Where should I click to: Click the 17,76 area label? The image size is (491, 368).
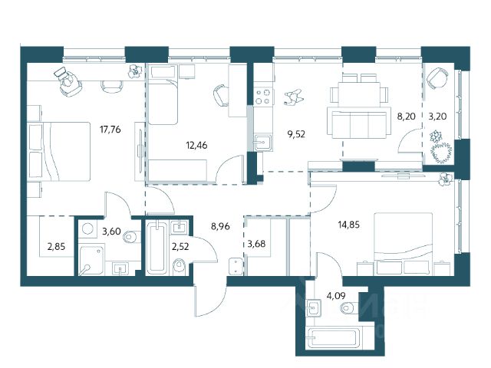[110, 130]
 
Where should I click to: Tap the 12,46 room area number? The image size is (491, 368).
[196, 145]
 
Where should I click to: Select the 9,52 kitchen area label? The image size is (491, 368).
[296, 135]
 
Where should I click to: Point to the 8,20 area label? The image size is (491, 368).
[406, 117]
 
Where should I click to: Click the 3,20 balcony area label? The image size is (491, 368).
[437, 117]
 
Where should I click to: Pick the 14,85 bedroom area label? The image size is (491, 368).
[349, 225]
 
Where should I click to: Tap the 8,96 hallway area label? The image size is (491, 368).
[220, 226]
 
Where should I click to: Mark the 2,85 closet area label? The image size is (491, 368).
[56, 247]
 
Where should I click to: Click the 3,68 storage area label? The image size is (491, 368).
[256, 244]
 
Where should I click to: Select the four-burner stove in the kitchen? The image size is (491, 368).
[262, 97]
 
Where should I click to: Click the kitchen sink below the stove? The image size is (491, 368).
[263, 143]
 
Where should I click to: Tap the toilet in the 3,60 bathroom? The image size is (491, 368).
[131, 237]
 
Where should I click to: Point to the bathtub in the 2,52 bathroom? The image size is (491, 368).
[157, 247]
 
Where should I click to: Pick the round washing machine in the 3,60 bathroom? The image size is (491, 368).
[87, 228]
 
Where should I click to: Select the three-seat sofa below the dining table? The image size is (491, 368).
[359, 123]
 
